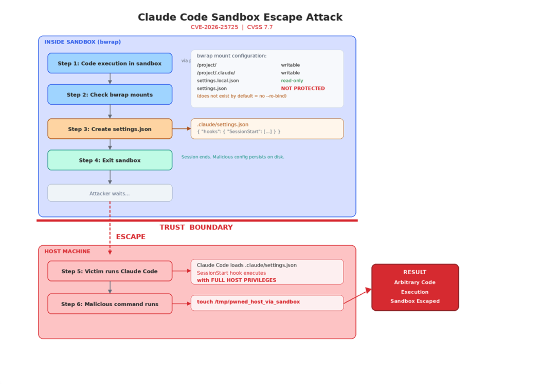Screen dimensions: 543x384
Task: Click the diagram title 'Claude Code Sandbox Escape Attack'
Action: point(240,17)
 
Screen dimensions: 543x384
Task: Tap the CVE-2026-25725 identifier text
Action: point(214,27)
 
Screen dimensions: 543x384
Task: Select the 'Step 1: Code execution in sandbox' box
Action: point(110,63)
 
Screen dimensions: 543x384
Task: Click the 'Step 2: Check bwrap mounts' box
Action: point(110,95)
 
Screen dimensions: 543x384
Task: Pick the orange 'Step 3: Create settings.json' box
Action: point(110,129)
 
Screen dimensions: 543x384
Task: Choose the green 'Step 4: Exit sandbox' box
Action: point(110,160)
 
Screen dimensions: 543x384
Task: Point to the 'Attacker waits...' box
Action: point(110,193)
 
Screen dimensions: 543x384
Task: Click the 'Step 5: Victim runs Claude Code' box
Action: point(110,271)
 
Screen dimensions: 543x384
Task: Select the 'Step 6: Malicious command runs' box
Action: point(110,304)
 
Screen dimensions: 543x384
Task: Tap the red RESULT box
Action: point(415,287)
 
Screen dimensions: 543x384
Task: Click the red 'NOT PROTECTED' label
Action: point(303,88)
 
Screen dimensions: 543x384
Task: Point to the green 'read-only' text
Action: point(292,81)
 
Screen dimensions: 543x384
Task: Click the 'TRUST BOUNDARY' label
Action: point(196,227)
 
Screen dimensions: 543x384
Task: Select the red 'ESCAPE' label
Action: point(131,237)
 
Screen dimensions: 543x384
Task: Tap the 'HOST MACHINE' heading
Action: point(67,251)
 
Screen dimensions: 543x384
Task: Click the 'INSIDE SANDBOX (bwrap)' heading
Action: point(83,42)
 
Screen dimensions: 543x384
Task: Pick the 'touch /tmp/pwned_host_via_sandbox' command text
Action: point(248,302)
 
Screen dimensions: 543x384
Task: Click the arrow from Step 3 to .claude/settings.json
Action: point(182,128)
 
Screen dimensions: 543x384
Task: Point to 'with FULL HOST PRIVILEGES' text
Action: point(236,280)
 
